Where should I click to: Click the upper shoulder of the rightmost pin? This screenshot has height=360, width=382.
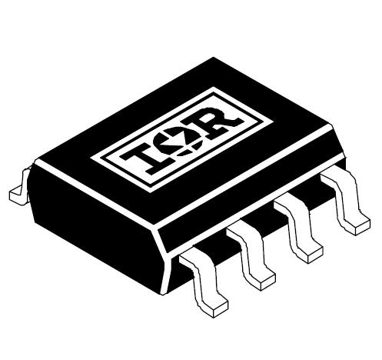point(332,178)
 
